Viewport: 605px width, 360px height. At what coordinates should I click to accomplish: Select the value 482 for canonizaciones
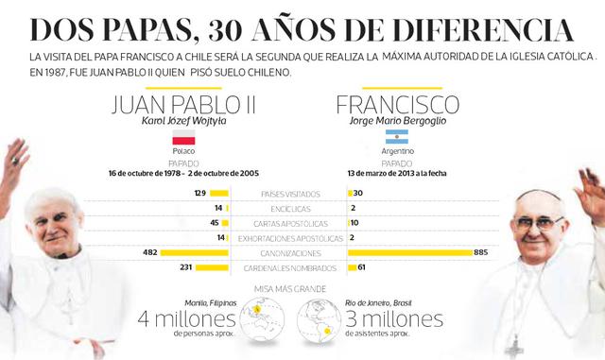click(149, 253)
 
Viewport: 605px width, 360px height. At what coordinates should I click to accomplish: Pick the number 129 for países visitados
click(199, 193)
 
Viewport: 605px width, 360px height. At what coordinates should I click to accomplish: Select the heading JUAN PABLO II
click(183, 103)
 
